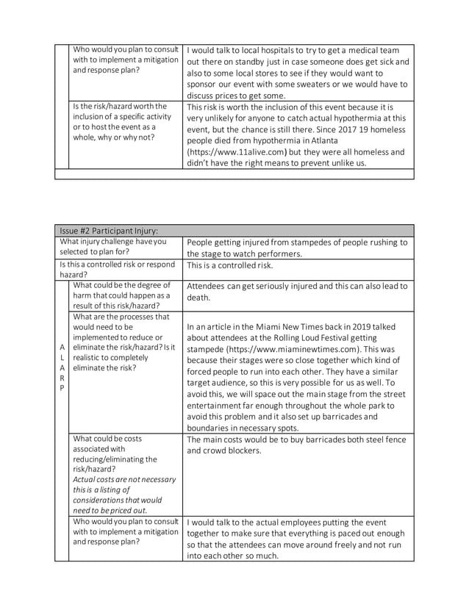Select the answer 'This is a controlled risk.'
click(x=236, y=265)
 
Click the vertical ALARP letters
click(x=62, y=366)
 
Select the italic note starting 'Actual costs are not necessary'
click(x=124, y=495)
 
